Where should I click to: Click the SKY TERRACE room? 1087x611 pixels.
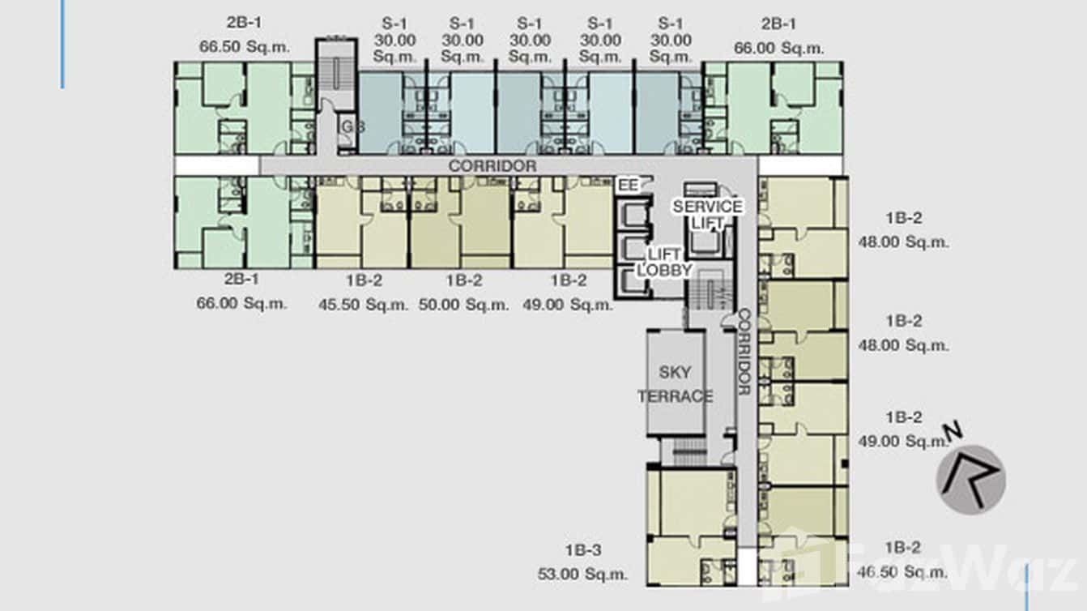675,383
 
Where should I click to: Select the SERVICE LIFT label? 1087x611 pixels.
707,214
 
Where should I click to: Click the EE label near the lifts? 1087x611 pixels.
628,186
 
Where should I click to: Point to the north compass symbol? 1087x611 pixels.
970,478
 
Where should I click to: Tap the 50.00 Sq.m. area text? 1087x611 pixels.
464,305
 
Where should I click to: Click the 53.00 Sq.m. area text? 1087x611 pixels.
582,574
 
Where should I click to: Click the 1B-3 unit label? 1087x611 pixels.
582,549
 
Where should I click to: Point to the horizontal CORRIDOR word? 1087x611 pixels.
492,166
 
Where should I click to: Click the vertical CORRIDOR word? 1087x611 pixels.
744,352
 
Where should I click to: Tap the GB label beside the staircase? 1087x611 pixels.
349,127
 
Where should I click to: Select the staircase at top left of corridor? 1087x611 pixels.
335,73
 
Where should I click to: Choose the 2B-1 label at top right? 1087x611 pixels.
778,23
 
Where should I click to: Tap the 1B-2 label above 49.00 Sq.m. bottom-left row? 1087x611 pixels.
569,280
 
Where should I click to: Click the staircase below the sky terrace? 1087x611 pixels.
689,451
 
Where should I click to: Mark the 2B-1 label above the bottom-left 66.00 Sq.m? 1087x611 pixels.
241,280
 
